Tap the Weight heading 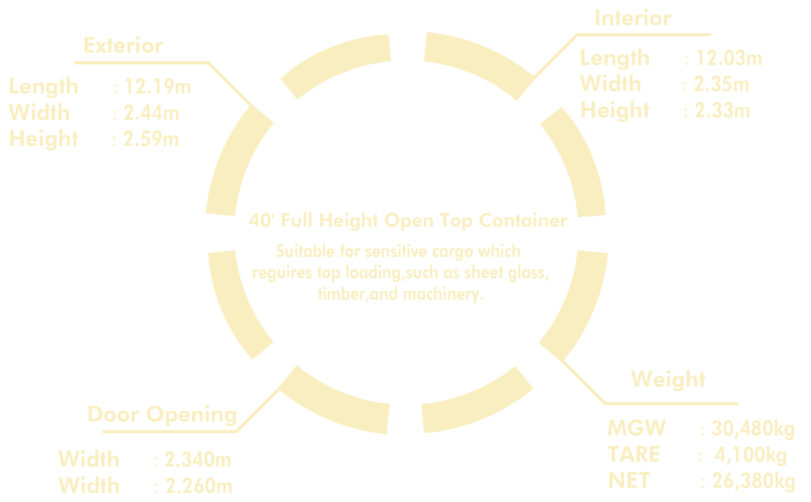click(668, 379)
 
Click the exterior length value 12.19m click(157, 87)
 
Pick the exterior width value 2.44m click(151, 113)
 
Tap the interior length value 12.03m click(728, 58)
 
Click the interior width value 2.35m click(721, 85)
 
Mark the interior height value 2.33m click(722, 110)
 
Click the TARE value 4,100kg click(750, 455)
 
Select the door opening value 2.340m click(198, 460)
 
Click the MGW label click(636, 428)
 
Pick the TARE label click(633, 454)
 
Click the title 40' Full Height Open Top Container click(408, 221)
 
